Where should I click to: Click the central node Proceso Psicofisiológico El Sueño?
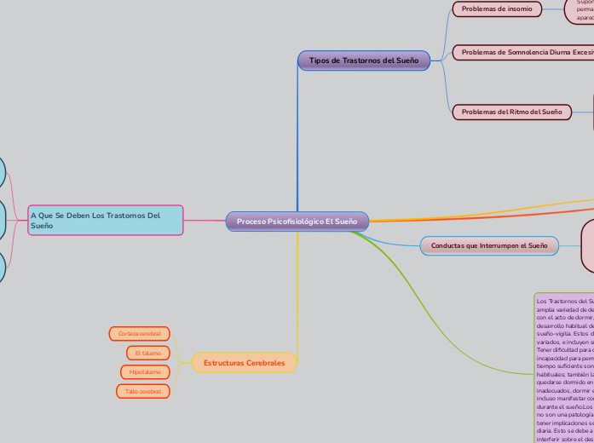pos(297,221)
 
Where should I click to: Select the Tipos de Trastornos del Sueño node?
pos(364,60)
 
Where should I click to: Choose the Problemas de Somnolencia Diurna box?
pos(524,52)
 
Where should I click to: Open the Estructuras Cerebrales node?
pos(245,363)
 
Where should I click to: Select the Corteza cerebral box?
pos(140,333)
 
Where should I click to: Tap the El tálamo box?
pos(147,353)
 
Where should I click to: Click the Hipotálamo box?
pos(145,372)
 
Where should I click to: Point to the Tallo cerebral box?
pos(143,392)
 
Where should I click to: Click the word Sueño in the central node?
pos(345,221)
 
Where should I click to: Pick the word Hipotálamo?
pos(145,372)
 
